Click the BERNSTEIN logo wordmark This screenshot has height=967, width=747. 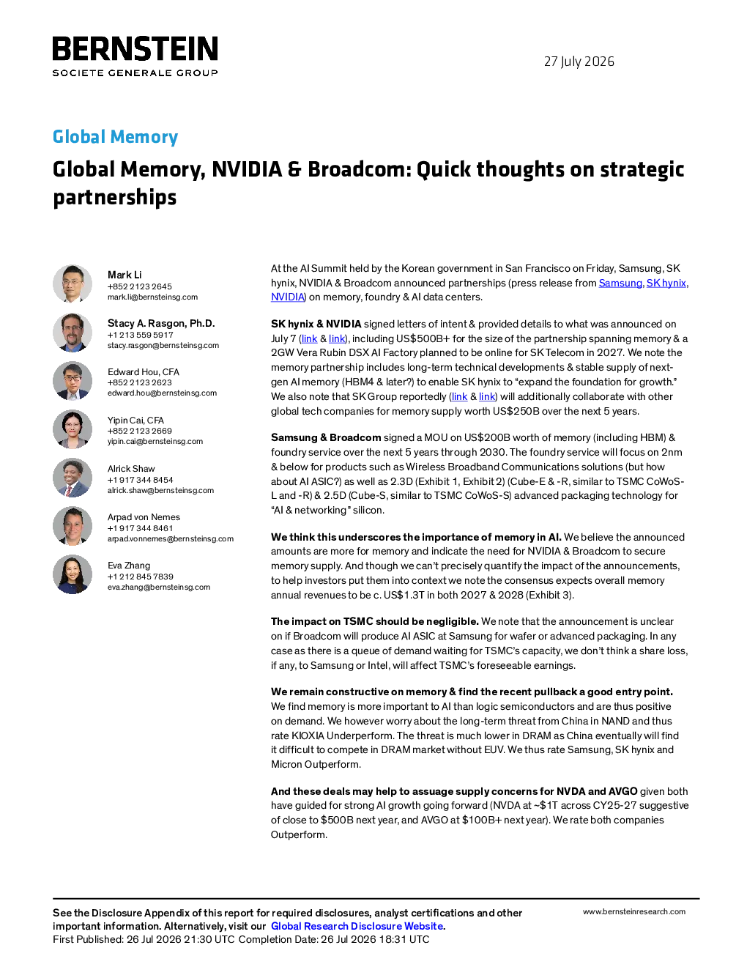(135, 48)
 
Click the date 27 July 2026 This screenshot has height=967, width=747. (579, 62)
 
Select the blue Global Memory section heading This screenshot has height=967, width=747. (115, 137)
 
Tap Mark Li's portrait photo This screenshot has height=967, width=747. (73, 284)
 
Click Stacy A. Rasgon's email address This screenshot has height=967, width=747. (163, 345)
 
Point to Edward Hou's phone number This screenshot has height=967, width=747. (139, 382)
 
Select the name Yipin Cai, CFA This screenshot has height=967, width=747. (135, 420)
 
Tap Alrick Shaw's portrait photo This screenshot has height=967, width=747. (73, 478)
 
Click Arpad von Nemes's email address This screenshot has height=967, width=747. (171, 539)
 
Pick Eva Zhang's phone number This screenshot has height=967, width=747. (140, 577)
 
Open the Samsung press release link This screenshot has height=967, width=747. (620, 283)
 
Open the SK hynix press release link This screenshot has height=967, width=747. (666, 283)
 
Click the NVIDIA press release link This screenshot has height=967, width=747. (287, 297)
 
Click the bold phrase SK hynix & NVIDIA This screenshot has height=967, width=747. (316, 324)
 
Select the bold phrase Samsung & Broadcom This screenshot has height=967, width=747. (326, 437)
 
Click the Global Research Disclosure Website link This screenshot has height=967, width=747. (357, 926)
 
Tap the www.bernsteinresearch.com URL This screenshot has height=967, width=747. (634, 912)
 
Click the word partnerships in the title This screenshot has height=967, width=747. (115, 197)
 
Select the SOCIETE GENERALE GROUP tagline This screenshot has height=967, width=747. (135, 73)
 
